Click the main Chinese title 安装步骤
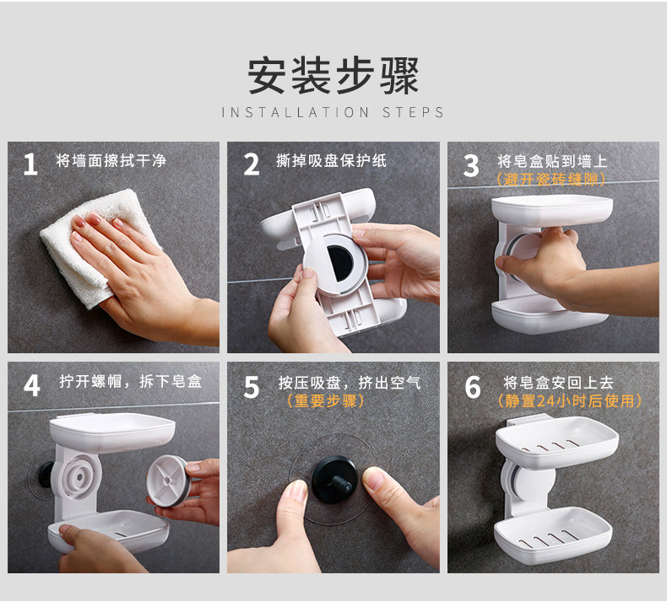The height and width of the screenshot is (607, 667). coord(333,75)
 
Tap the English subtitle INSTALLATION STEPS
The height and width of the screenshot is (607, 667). coord(333,113)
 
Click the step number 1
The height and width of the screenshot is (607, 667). coord(30,164)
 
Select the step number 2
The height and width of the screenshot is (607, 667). coord(252,164)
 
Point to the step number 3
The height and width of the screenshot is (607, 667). coord(471,166)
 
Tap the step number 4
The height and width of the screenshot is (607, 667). coord(32,385)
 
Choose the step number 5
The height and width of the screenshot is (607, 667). coord(252,387)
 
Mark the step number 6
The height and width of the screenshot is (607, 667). coord(473,387)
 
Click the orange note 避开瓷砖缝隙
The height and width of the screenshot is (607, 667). coord(550,180)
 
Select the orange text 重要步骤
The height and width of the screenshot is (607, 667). coord(325,400)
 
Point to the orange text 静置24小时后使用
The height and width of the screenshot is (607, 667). coord(570,400)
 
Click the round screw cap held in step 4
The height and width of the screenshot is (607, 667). coord(167,481)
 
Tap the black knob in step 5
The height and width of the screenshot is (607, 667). coord(334,480)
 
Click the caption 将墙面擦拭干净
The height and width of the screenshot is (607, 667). coord(111,160)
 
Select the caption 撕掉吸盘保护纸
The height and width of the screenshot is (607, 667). coord(331,160)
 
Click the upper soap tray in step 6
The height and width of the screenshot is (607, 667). coord(557,443)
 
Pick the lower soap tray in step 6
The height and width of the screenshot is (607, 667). coord(553,535)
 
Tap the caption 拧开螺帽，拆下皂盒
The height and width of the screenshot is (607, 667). coord(130,381)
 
